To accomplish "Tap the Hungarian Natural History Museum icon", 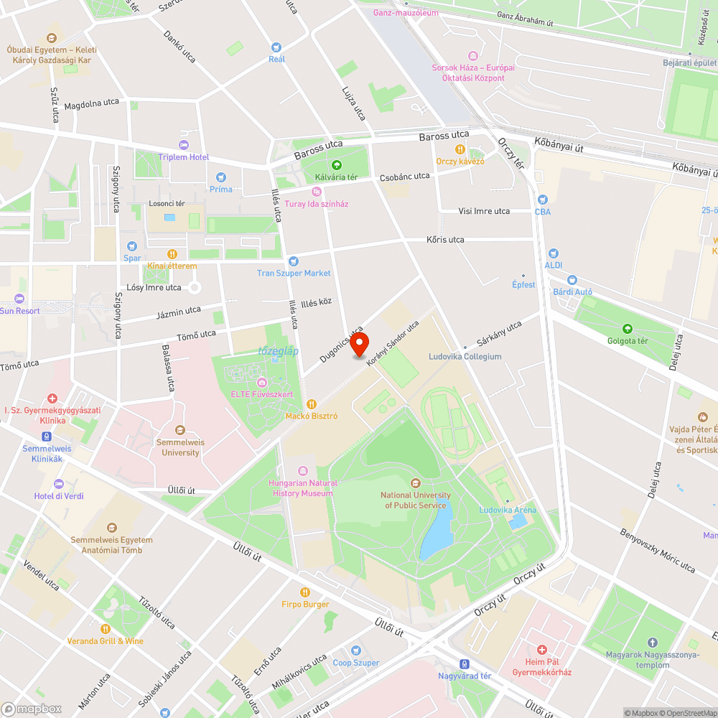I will pos(302,471).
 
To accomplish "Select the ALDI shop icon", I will pos(553,253).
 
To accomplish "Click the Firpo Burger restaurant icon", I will pos(305,592).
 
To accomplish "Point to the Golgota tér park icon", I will pos(628,329).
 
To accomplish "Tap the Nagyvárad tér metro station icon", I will pos(465,664).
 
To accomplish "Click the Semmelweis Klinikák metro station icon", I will pos(47,437).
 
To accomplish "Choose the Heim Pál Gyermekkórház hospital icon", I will pos(541,650).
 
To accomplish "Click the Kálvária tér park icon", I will pos(336,165).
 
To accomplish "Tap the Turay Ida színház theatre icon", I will pos(316,192).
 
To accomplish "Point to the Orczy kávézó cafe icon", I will pos(460,149).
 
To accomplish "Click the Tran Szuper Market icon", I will pos(293,261).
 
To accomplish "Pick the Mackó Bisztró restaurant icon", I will pos(311,404).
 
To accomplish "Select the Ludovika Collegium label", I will pos(465,356).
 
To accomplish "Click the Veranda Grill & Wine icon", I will pos(105,629).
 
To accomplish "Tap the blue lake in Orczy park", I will pos(436,535).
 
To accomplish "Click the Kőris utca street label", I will pos(445,240).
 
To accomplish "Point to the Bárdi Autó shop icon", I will pos(572,280).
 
